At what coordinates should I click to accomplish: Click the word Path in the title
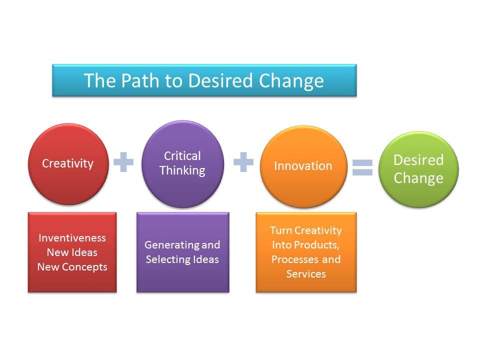click(140, 80)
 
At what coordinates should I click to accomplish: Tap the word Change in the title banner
click(291, 81)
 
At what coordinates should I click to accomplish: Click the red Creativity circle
click(68, 164)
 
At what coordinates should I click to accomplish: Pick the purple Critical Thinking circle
click(183, 164)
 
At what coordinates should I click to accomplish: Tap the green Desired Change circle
click(418, 169)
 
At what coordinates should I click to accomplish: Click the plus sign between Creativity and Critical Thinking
click(123, 161)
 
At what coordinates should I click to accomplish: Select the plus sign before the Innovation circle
click(243, 161)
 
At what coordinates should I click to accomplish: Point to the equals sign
click(363, 167)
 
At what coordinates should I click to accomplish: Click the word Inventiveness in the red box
click(72, 238)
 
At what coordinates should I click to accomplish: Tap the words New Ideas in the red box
click(72, 252)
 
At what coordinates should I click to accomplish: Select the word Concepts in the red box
click(84, 267)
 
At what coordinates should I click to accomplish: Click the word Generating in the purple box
click(171, 245)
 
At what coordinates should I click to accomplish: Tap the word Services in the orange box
click(306, 274)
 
